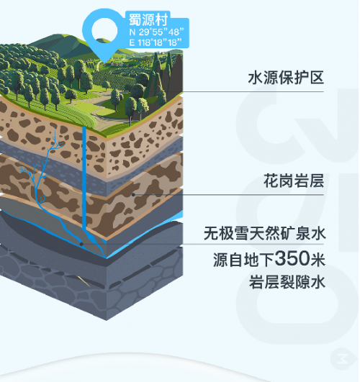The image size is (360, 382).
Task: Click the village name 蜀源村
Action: [x=148, y=19]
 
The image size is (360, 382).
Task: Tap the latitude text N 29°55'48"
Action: [x=156, y=32]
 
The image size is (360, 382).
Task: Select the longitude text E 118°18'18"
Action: [x=156, y=42]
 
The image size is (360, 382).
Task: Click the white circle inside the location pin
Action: [x=104, y=31]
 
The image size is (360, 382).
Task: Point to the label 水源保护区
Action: [x=286, y=78]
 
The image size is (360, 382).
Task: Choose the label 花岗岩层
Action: [x=294, y=181]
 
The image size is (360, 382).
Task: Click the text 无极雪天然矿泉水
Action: [x=265, y=233]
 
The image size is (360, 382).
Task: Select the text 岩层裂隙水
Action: [x=287, y=282]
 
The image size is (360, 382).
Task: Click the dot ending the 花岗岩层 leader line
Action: [x=133, y=195]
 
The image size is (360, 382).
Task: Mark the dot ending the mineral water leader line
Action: [x=81, y=244]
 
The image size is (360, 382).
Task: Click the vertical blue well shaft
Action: [x=84, y=179]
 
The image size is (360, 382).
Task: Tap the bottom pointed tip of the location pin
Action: [x=104, y=63]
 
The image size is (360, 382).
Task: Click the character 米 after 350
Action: [x=318, y=259]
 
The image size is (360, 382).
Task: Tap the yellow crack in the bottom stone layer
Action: [x=84, y=281]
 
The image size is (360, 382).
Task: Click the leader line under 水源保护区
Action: [x=253, y=91]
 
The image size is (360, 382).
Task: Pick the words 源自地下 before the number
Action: [x=244, y=259]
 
